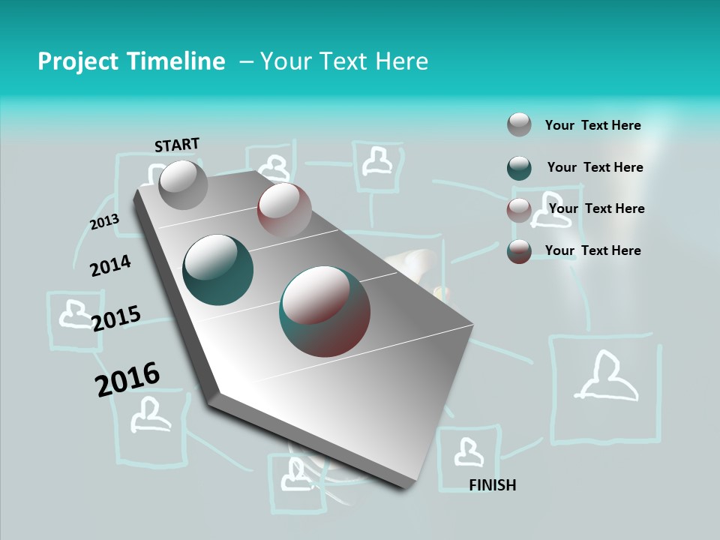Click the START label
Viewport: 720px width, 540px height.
[x=177, y=145]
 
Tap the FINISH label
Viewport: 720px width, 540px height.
[x=492, y=485]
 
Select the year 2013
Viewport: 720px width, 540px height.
[x=104, y=222]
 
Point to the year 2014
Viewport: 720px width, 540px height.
[x=110, y=265]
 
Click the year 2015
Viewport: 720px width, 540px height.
[x=116, y=319]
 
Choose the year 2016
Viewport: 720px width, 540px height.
[x=127, y=379]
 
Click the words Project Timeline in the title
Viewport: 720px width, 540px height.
[x=131, y=61]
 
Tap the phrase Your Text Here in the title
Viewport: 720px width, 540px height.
[x=344, y=61]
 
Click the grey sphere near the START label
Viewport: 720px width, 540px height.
[x=183, y=184]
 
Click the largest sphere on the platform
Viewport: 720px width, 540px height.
[x=325, y=311]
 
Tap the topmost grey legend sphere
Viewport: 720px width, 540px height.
[x=519, y=124]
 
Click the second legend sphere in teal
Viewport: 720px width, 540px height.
[x=519, y=168]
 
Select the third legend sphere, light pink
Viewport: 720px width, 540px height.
[x=519, y=210]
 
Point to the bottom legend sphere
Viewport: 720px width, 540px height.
[x=519, y=251]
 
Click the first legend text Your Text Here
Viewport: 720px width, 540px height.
[x=592, y=125]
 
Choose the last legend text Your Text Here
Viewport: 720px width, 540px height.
[x=592, y=250]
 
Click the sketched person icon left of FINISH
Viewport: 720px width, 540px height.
[x=468, y=452]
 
